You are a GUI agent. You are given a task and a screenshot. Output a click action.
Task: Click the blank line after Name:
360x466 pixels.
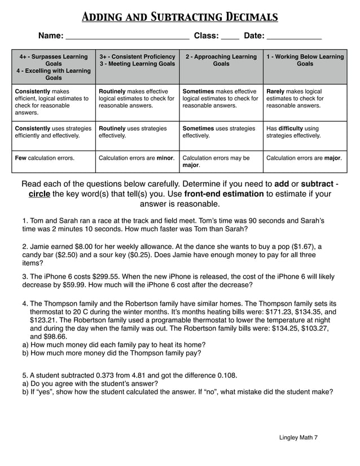128,37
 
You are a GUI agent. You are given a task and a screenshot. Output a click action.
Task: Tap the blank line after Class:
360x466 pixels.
230,37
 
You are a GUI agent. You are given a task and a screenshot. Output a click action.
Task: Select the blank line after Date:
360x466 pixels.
293,37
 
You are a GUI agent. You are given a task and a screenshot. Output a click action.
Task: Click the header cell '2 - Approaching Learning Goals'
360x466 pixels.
221,60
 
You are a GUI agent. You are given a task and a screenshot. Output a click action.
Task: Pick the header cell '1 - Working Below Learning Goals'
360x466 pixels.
305,60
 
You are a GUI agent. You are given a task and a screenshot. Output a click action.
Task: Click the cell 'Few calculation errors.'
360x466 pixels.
45,158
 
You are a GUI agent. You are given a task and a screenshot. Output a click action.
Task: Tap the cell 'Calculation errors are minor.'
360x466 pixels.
137,158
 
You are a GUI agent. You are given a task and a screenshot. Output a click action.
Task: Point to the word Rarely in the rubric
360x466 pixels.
276,91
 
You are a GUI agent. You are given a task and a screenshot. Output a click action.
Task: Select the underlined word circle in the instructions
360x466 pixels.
39,194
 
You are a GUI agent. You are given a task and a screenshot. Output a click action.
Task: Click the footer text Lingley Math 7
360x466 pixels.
298,437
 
